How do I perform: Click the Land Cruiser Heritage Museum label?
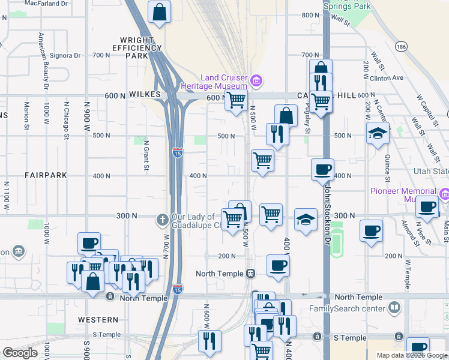223,82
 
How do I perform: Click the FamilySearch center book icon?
394,308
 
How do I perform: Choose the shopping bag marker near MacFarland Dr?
159,12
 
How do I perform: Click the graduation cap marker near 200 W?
378,133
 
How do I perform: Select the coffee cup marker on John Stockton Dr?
322,169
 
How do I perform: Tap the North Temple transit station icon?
251,274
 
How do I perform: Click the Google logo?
20,353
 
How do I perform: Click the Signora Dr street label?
67,56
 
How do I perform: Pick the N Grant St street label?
146,155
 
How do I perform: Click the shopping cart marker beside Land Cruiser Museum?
237,100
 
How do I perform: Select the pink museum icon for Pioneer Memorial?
445,194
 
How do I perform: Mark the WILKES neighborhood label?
145,95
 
